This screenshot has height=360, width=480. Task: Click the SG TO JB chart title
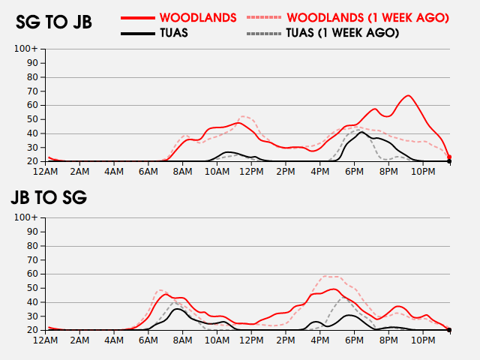pos(54,22)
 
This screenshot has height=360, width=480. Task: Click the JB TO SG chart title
pos(49,197)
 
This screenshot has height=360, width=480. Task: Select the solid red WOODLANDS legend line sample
pos(138,18)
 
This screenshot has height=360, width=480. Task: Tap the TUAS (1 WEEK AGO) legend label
pos(343,33)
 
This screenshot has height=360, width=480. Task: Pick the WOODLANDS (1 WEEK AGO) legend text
pos(368,18)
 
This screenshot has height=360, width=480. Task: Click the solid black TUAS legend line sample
pos(138,33)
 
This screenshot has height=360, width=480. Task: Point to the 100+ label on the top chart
pos(26,49)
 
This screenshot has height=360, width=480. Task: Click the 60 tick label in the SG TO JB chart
pos(32,105)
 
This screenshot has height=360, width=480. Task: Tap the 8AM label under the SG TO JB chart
pos(182,172)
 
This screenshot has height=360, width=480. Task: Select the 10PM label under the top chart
pos(423,172)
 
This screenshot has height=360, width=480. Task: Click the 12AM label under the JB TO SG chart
pos(45,340)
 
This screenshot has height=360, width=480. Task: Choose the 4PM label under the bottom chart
pos(320,340)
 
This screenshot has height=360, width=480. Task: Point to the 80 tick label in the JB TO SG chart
pos(32,246)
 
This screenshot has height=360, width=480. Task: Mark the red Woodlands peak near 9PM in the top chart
pos(408,96)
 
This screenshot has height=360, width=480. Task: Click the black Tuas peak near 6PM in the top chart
pos(361,132)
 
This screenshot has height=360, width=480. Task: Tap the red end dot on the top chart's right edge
pos(449,157)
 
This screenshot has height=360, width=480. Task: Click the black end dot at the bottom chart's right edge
pos(449,330)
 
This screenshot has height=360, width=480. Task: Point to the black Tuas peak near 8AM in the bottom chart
pos(177,309)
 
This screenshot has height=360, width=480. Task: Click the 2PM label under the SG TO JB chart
pos(286,172)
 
